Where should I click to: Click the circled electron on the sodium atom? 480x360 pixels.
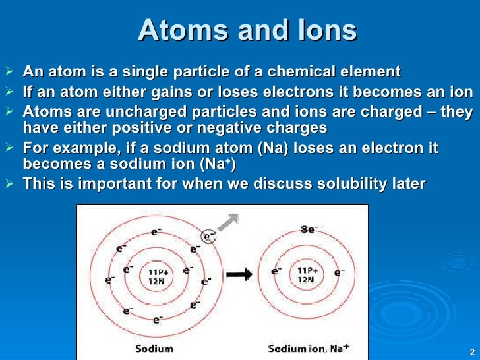[x=208, y=235]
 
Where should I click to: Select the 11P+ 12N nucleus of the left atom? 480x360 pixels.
[x=157, y=275]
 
